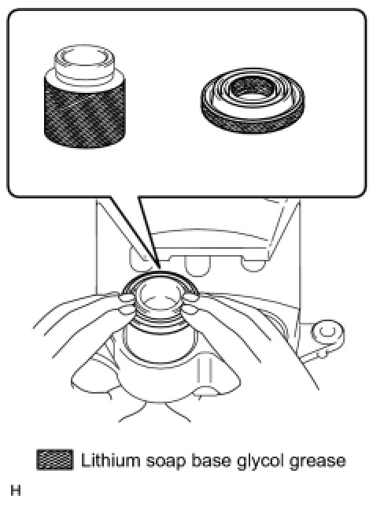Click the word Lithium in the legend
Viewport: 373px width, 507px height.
110,460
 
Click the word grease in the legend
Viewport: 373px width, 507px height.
317,461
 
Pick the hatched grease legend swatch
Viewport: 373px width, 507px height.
55,460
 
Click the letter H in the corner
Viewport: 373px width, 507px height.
16,490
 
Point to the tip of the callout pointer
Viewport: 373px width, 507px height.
160,269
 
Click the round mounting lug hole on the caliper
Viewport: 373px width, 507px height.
327,331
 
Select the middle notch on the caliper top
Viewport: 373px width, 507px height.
198,266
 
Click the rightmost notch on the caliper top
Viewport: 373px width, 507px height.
254,265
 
